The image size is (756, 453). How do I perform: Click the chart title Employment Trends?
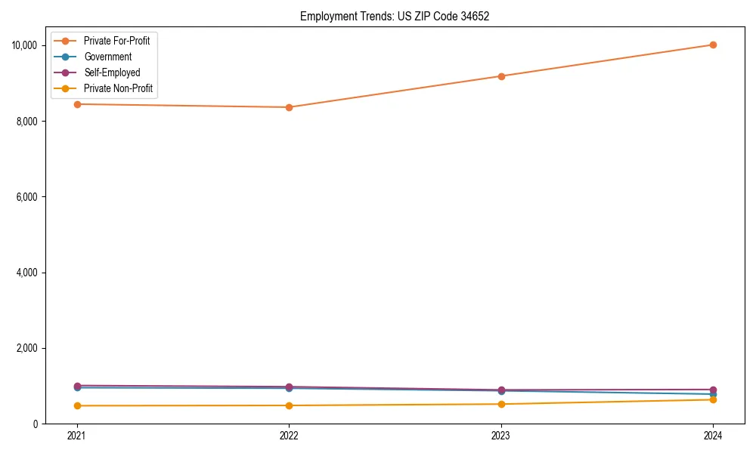click(x=395, y=17)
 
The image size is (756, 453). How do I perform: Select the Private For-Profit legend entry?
click(x=116, y=41)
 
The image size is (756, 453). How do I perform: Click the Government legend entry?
click(x=107, y=57)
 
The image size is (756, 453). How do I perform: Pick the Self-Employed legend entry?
click(x=112, y=72)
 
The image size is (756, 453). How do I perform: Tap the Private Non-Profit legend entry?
click(x=118, y=88)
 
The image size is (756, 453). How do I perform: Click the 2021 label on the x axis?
click(x=76, y=436)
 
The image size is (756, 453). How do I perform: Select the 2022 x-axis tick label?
click(x=289, y=436)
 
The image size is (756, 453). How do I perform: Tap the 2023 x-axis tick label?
click(x=501, y=436)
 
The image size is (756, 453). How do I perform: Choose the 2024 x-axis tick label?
click(x=714, y=436)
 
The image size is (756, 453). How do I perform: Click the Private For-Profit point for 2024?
click(x=714, y=45)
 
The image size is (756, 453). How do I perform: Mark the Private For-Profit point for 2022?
click(x=289, y=107)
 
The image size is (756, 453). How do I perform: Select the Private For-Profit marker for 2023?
click(x=501, y=76)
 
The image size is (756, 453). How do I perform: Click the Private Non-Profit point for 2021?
click(x=76, y=405)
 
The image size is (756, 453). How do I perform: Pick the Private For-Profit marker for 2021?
click(x=76, y=104)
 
